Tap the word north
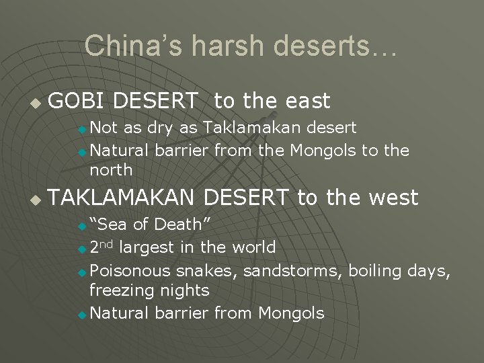(111, 169)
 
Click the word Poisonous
(130, 271)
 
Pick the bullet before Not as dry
(81, 129)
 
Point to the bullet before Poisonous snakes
(81, 272)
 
